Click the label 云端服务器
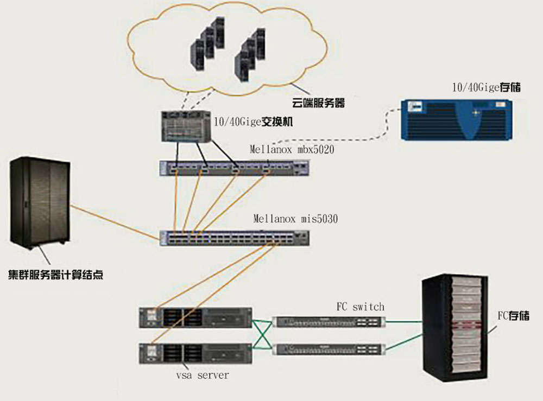318,103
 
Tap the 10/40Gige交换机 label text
254,122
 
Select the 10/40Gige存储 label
486,87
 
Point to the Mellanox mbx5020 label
292,149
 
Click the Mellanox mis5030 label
295,219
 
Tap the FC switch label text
360,307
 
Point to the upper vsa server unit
196,317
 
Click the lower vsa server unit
196,353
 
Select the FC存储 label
513,315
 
